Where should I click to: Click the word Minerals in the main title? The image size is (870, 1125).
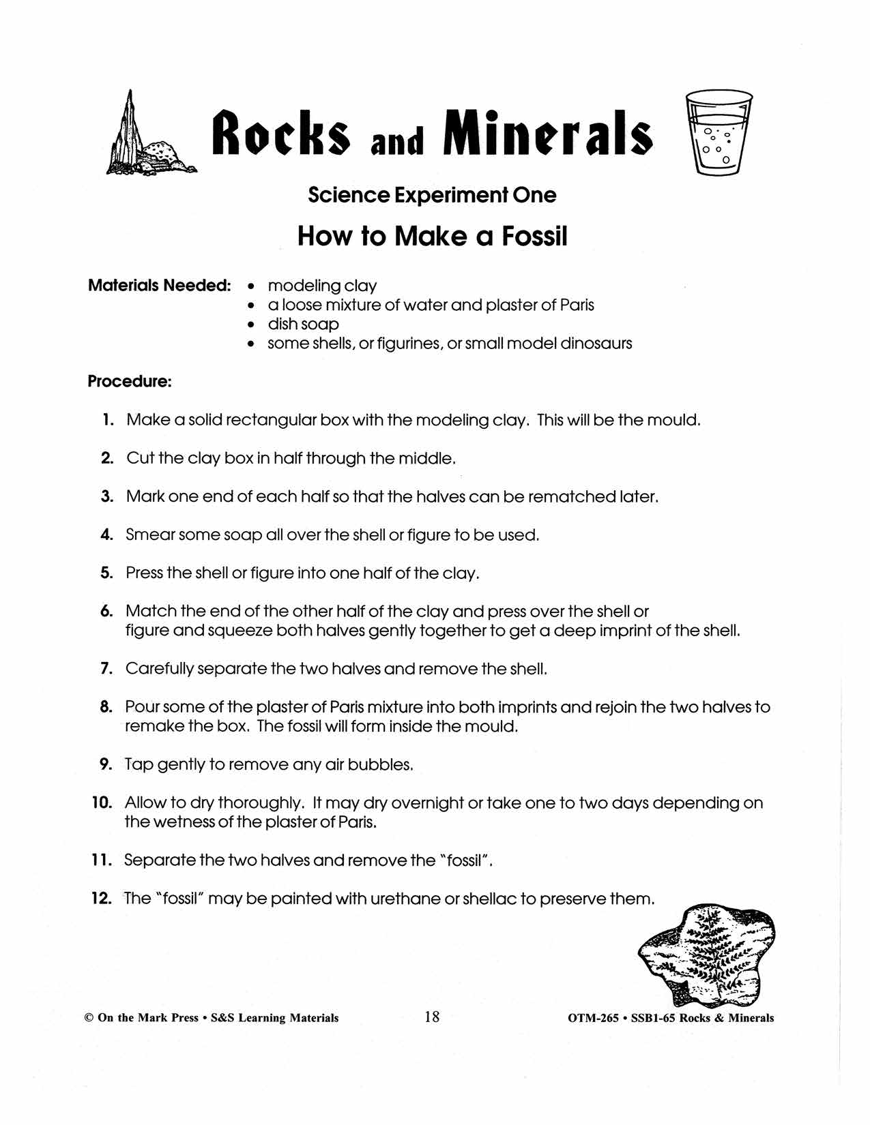(547, 132)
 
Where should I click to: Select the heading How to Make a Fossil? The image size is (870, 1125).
(433, 237)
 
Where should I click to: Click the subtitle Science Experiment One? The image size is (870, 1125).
(432, 195)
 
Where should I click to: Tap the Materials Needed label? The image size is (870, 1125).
(160, 286)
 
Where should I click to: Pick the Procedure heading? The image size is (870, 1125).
(129, 381)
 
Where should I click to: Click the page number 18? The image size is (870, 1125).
(432, 1017)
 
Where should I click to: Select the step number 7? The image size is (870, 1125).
(106, 669)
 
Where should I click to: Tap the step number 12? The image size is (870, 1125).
(101, 899)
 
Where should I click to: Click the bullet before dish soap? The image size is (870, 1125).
(252, 325)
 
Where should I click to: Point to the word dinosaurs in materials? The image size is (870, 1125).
(596, 343)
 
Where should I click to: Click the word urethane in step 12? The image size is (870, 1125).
(405, 899)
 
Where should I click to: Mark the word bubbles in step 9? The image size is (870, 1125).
(380, 764)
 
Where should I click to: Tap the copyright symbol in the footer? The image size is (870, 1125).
(88, 1018)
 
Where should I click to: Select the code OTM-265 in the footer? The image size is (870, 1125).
(593, 1018)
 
